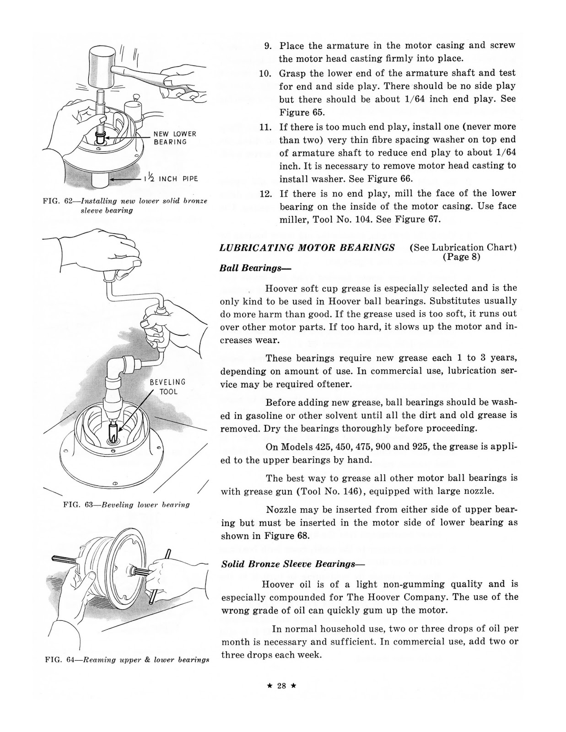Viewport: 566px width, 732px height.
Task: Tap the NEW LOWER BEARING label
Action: click(175, 138)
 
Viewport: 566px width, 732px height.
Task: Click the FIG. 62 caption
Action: click(124, 205)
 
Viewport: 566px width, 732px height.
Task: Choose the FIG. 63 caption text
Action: click(126, 505)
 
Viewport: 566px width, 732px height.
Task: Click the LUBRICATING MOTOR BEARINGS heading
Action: click(307, 248)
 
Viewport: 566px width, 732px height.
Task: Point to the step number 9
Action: click(268, 46)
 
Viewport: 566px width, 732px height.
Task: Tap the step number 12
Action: click(266, 193)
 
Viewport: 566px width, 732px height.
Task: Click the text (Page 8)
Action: click(462, 257)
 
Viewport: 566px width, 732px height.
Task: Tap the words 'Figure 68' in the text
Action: click(286, 535)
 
